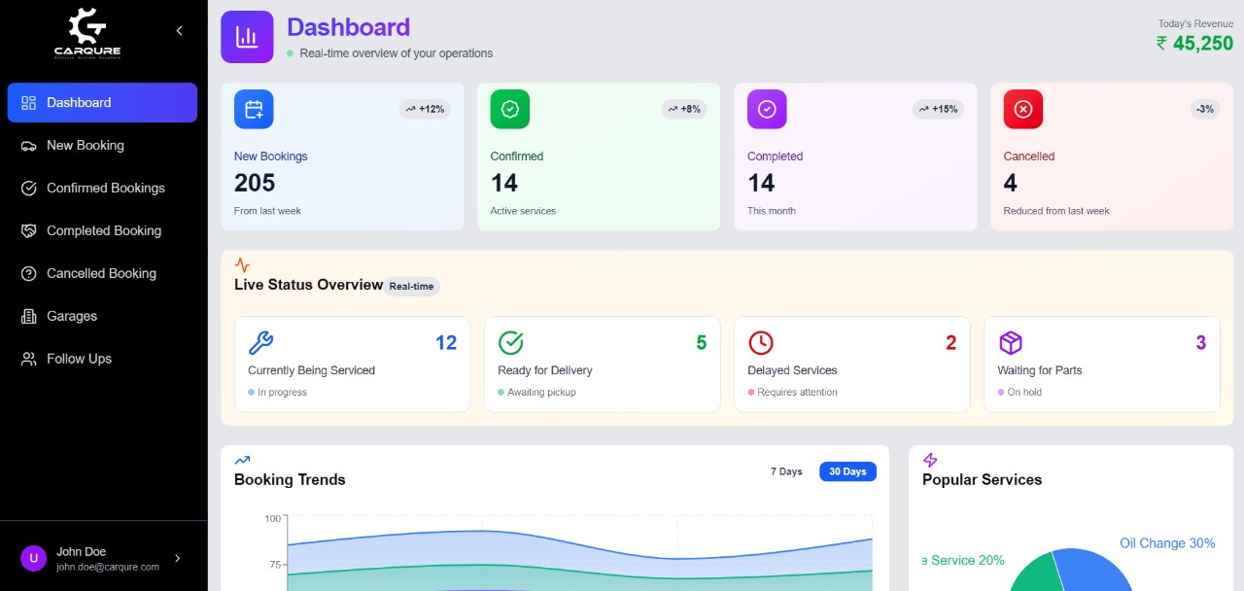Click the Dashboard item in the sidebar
click(101, 103)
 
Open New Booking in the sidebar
click(86, 146)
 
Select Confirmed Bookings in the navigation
click(105, 189)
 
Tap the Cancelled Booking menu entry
click(101, 274)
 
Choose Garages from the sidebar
click(72, 317)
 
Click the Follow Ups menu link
click(79, 360)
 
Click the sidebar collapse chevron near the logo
click(179, 31)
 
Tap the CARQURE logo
click(87, 33)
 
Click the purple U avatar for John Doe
click(33, 558)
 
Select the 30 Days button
click(847, 471)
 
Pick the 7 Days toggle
click(786, 471)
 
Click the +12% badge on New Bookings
click(425, 109)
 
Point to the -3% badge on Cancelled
click(1205, 109)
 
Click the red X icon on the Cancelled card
click(1022, 109)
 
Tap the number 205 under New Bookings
click(255, 183)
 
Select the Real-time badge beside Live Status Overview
click(411, 287)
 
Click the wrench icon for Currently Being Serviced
click(260, 342)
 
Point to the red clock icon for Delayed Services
click(760, 342)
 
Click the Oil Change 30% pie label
click(1167, 543)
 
